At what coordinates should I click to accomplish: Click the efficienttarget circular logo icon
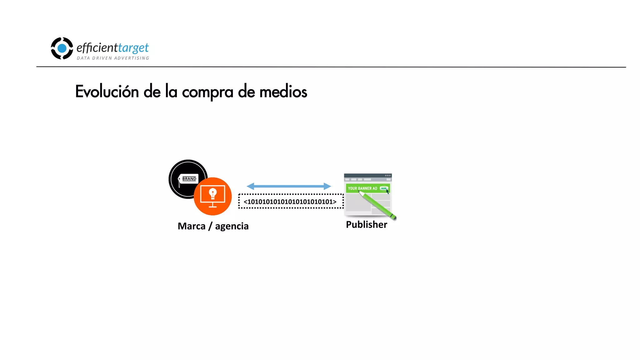62,48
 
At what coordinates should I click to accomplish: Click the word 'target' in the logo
133,48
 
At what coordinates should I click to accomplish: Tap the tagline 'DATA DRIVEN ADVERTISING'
113,58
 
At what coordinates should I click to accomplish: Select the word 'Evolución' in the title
107,92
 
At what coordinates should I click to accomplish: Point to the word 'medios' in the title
283,92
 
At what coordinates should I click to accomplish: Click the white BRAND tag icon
188,179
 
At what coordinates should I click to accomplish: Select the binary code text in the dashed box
290,202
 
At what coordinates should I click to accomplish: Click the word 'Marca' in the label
192,226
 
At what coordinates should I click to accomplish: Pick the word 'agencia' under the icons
232,226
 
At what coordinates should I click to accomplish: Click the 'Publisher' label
366,224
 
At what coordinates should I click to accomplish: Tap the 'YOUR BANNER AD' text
362,188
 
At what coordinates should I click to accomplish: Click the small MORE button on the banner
383,188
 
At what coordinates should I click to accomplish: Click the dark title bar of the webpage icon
367,176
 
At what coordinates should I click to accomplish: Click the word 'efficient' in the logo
97,48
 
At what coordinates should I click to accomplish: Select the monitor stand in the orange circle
213,205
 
